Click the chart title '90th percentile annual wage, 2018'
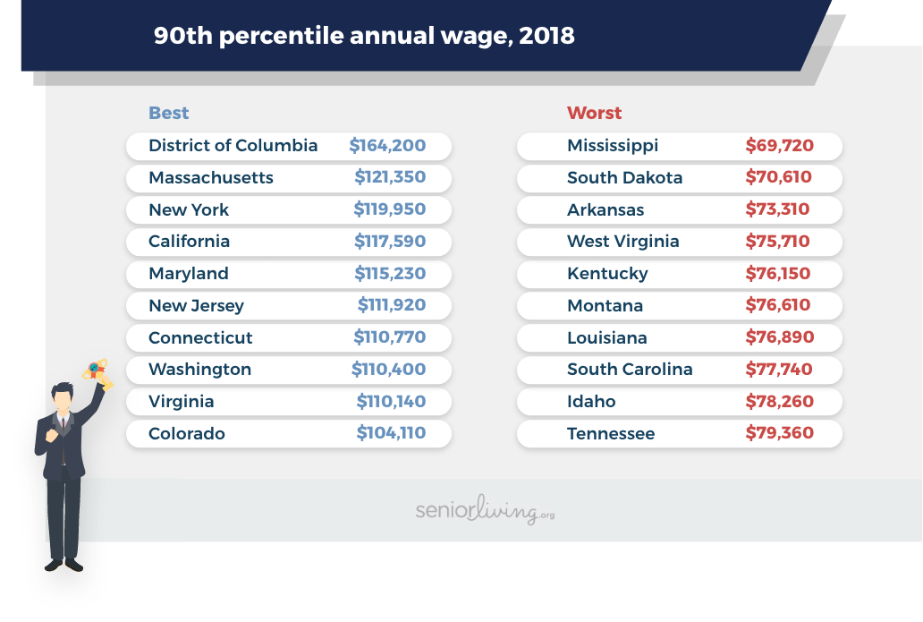coord(363,36)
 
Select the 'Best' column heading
coord(168,113)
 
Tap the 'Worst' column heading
coord(594,113)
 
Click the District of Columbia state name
coord(233,145)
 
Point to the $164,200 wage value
coord(387,145)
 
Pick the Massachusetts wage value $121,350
coord(390,177)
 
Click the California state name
coord(189,241)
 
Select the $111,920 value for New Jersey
coord(392,305)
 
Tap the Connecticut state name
coord(200,337)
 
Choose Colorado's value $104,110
coord(391,433)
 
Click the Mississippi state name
coord(613,145)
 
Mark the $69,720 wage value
coord(779,145)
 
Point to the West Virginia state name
coord(622,241)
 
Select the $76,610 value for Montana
coord(778,305)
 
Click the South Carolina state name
coord(630,369)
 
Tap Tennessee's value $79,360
coord(779,433)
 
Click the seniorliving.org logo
coord(485,511)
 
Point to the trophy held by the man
coord(97,372)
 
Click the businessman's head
coord(62,396)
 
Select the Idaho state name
coord(591,401)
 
